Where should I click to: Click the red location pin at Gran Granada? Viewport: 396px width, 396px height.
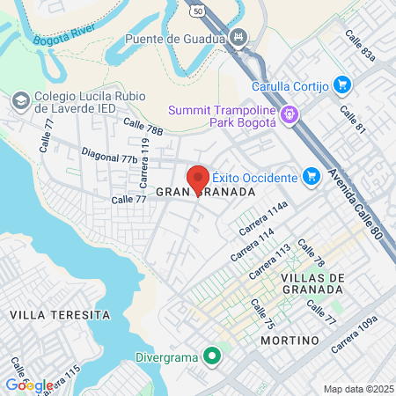coord(198,180)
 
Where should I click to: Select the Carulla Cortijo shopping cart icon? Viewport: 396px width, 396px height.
coord(341,84)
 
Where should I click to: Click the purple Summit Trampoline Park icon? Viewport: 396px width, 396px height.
coord(290,114)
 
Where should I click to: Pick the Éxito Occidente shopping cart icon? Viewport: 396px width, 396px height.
coord(311,177)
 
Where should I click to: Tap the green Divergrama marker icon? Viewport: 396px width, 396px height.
coord(210,356)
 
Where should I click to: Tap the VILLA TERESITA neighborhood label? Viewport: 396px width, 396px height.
coord(60,314)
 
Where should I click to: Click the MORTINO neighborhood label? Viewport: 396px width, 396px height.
coord(290,339)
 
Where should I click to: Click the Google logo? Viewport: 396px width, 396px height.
coord(29,385)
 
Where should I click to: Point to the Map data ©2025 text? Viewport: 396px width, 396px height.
coord(357,389)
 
